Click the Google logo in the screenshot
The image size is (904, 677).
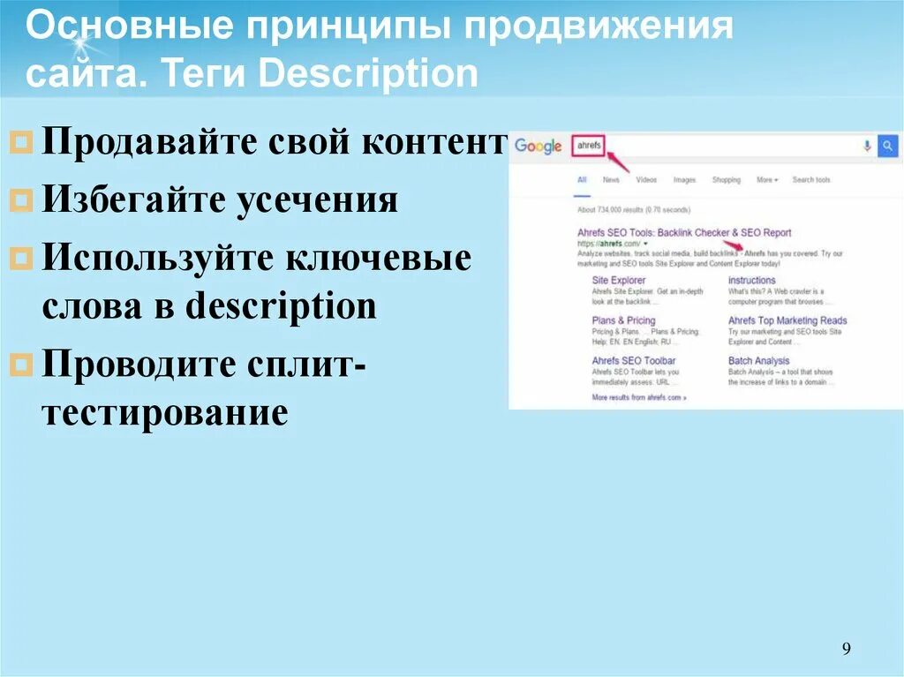538,146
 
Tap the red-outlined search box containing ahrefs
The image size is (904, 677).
587,146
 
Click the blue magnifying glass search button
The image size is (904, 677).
887,146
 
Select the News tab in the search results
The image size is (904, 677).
611,180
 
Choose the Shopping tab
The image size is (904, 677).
727,180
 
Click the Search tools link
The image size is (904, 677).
811,180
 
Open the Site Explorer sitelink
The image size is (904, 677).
618,281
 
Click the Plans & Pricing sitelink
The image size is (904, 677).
623,320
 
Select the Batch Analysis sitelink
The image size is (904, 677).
758,361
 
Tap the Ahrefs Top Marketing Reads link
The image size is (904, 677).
787,320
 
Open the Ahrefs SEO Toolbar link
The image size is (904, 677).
633,361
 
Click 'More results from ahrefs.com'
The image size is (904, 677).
638,398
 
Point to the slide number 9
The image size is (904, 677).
846,650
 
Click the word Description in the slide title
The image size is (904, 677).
368,74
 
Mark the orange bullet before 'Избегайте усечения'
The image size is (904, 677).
25,201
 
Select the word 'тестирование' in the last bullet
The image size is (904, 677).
164,412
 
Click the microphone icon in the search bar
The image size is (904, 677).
867,146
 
